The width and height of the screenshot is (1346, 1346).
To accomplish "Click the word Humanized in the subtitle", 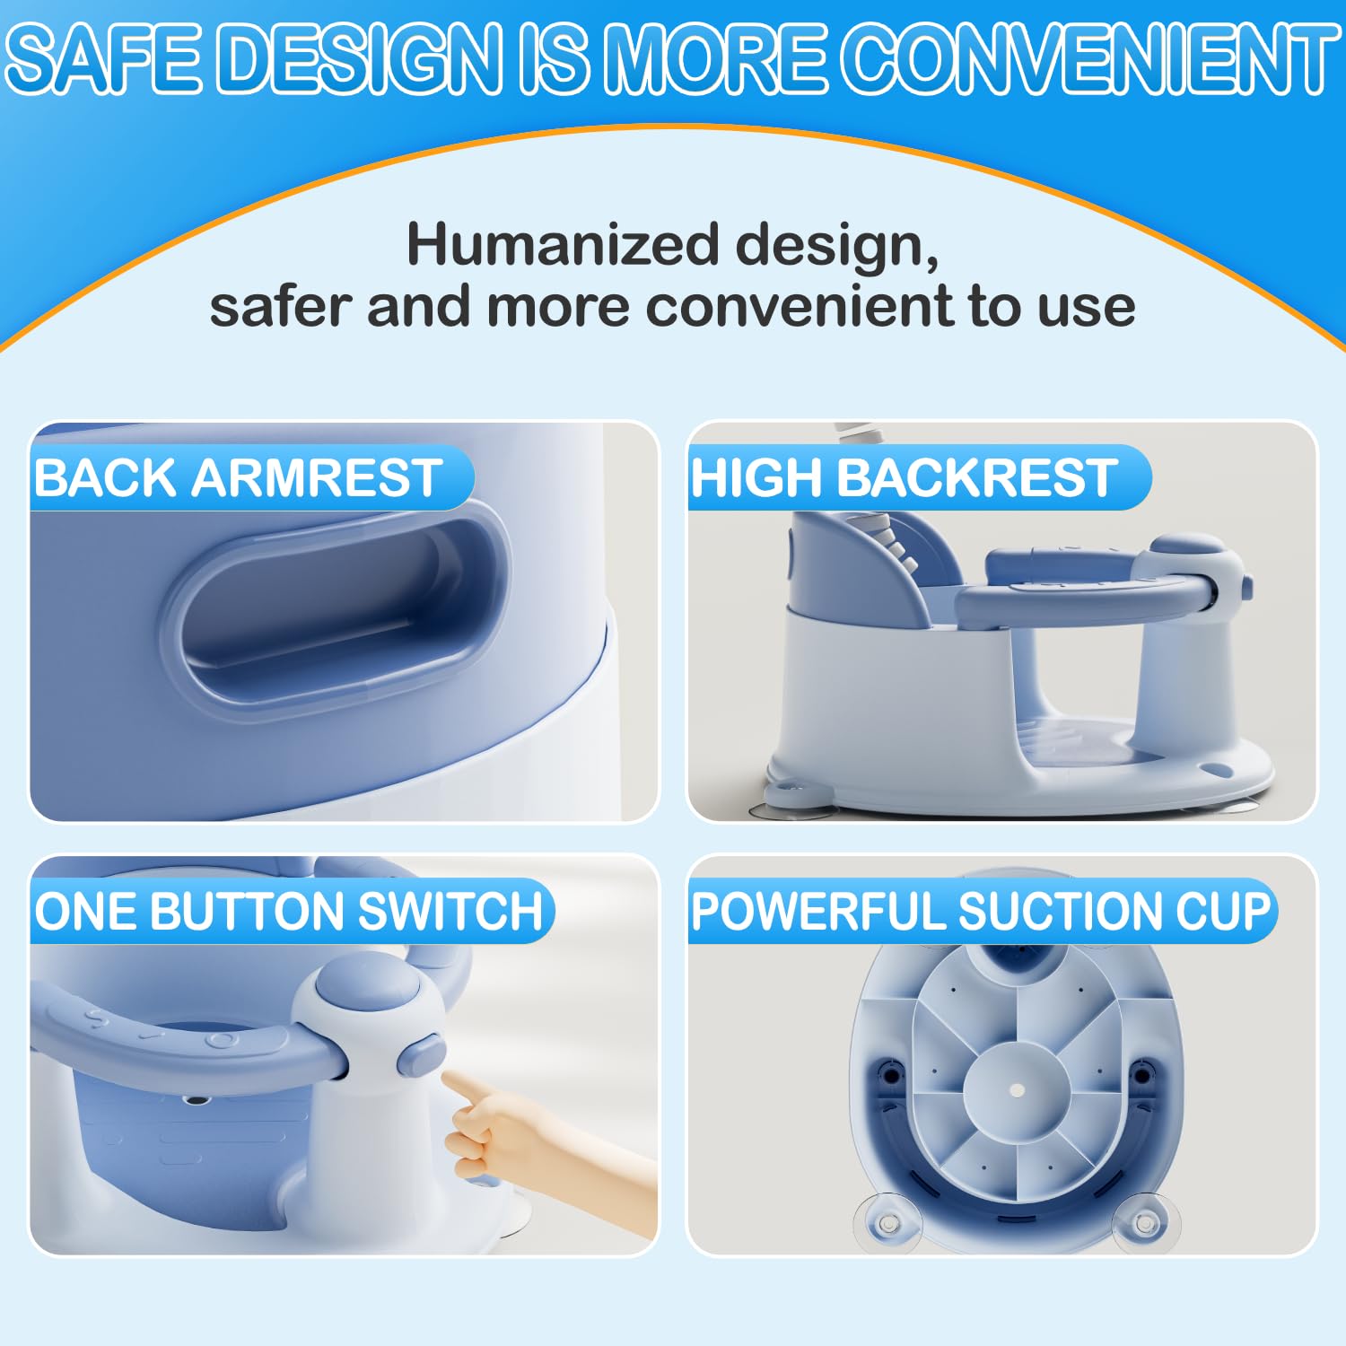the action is [564, 244].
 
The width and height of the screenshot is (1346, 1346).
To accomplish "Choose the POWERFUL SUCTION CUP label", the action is [982, 911].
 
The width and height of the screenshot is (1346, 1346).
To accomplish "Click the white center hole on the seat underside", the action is [1017, 1089].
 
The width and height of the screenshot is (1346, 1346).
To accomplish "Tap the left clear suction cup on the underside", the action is [887, 1222].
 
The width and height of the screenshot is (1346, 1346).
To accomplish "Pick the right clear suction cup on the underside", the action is [1145, 1222].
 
